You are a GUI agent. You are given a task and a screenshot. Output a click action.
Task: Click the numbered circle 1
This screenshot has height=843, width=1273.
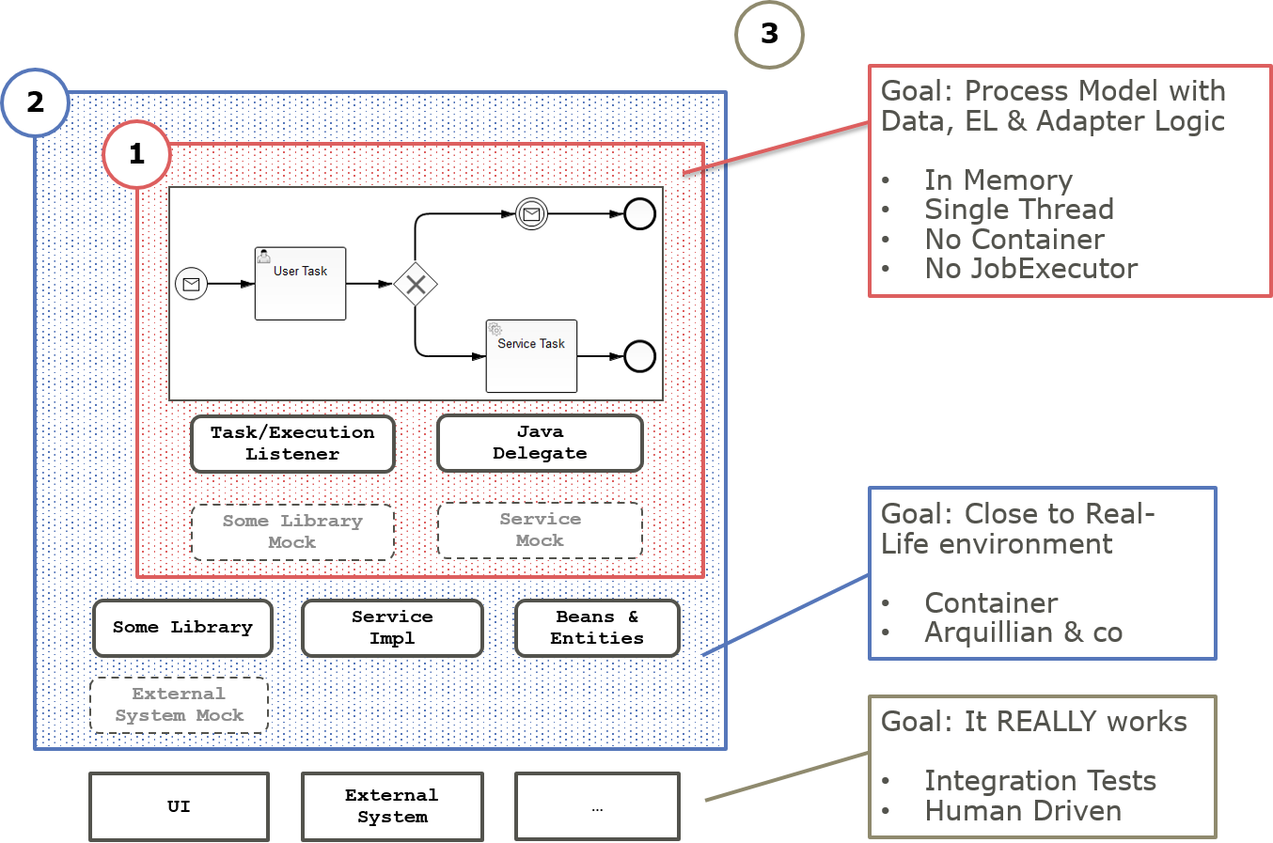(x=136, y=153)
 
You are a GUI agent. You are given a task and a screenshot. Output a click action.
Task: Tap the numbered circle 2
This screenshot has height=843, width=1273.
(x=36, y=102)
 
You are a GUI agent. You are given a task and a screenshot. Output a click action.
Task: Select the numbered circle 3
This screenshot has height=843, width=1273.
(x=769, y=35)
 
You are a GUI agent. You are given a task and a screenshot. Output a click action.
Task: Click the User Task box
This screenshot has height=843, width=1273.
(x=300, y=283)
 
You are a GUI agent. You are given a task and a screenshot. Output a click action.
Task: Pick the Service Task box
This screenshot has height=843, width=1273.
(x=531, y=356)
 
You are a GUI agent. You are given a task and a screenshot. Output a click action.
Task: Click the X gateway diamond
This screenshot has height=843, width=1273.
(x=416, y=284)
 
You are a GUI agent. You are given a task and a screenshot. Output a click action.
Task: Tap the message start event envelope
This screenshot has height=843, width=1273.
(x=191, y=284)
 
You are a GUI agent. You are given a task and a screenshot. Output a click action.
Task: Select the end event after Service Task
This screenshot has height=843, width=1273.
(x=639, y=356)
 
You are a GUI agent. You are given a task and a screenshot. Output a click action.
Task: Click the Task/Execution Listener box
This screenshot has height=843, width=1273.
(x=292, y=444)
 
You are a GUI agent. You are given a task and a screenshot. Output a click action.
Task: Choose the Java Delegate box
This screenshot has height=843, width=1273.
(x=540, y=443)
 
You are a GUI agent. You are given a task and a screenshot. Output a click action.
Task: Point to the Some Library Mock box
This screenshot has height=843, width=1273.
(x=292, y=532)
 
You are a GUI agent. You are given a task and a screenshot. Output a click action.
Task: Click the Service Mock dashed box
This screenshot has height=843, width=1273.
(x=540, y=530)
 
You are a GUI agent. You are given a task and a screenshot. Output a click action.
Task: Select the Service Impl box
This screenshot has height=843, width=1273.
(x=392, y=628)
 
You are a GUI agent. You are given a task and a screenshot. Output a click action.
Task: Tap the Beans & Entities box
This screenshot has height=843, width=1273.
(x=597, y=628)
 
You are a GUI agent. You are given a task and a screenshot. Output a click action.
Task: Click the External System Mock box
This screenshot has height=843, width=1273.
(x=179, y=705)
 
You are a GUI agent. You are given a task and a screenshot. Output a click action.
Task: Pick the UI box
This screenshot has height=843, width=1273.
(x=179, y=806)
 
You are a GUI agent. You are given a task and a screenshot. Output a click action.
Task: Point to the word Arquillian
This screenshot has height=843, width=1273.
(x=988, y=632)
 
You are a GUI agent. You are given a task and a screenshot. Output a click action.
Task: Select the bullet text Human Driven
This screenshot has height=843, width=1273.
(x=1023, y=811)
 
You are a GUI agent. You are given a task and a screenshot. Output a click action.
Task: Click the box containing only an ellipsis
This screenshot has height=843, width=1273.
(x=597, y=806)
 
